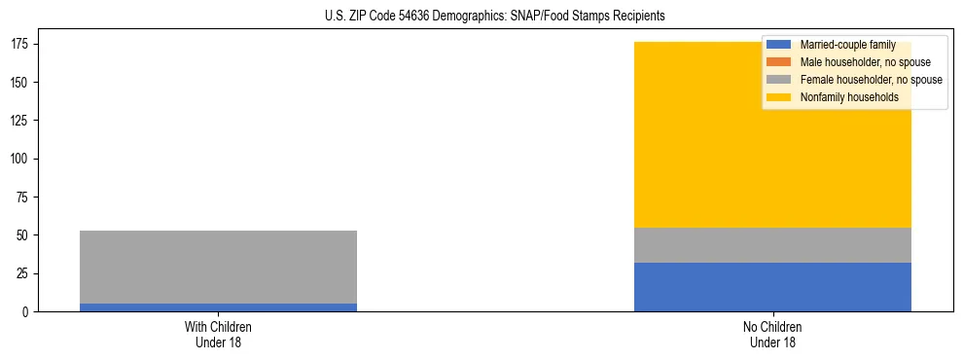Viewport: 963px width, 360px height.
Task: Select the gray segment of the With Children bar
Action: pos(218,267)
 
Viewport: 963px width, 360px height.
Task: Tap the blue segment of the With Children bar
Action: pos(218,307)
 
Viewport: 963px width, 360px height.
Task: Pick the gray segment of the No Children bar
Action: pos(772,245)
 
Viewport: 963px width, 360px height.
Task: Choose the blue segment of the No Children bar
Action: pos(772,287)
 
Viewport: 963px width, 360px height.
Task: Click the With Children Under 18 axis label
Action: pos(218,335)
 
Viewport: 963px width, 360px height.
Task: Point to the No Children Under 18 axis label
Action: pos(772,335)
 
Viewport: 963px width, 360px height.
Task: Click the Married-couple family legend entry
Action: pos(847,45)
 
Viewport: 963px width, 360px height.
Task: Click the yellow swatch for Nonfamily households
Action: pos(780,97)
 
